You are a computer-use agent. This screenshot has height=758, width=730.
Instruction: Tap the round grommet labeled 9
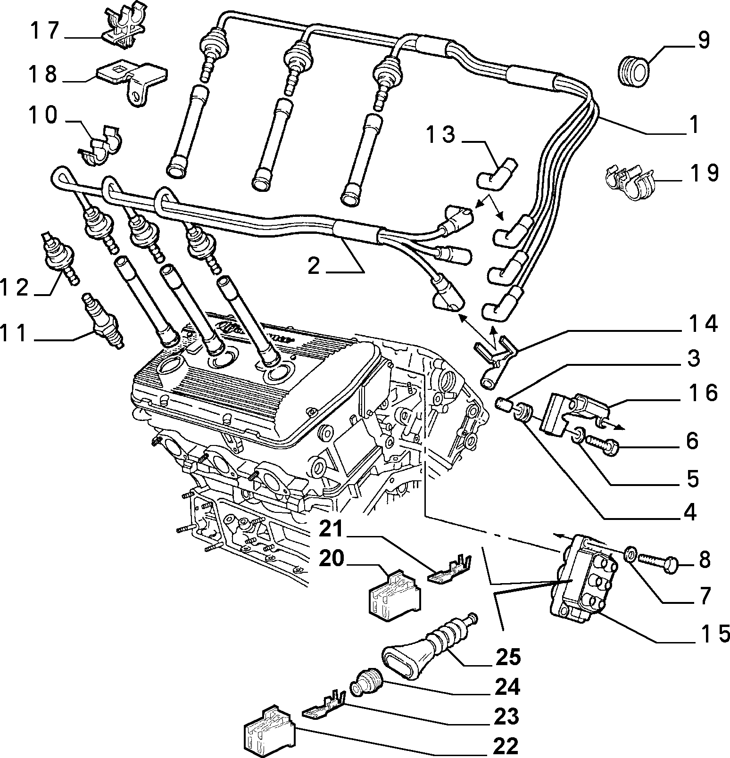pyautogui.click(x=632, y=72)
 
